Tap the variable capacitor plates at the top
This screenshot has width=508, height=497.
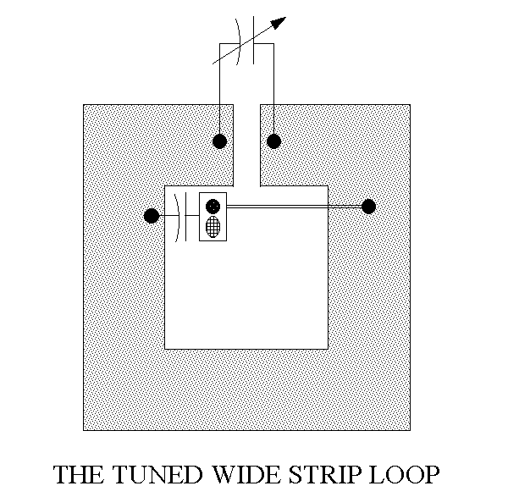click(246, 44)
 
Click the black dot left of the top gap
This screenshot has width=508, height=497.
click(219, 141)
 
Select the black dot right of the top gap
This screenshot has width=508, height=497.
click(273, 141)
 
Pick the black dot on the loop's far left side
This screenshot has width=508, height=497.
click(152, 216)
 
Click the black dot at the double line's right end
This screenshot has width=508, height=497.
click(368, 206)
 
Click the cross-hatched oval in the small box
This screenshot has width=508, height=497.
click(213, 227)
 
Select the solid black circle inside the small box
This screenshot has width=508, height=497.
click(213, 205)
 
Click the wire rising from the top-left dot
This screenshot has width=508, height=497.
click(219, 93)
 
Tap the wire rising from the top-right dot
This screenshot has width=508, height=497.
click(273, 93)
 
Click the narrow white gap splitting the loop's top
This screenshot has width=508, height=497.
click(246, 144)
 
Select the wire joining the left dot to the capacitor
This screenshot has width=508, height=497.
click(164, 216)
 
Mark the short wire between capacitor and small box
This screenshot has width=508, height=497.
click(192, 216)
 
